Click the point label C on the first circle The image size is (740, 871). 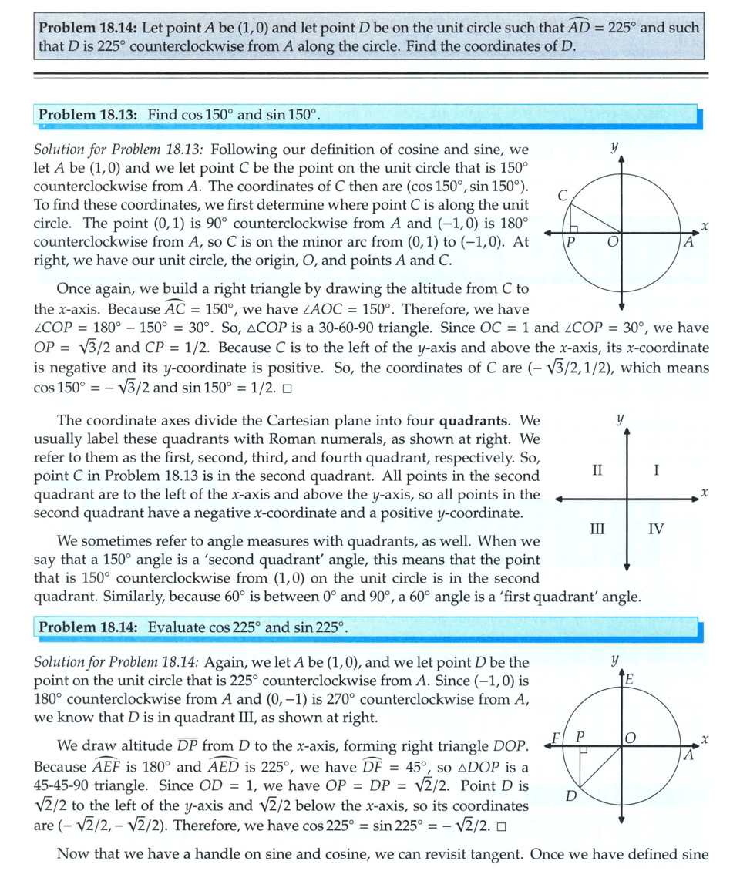pos(563,197)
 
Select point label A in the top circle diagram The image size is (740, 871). pos(688,242)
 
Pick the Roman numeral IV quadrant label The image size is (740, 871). pos(655,529)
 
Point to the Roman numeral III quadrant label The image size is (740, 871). pos(596,529)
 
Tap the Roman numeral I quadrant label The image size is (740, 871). pos(655,470)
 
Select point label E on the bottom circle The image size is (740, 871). pos(631,680)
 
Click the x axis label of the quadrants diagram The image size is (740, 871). pos(705,492)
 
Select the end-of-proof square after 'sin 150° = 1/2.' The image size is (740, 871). pos(288,388)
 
